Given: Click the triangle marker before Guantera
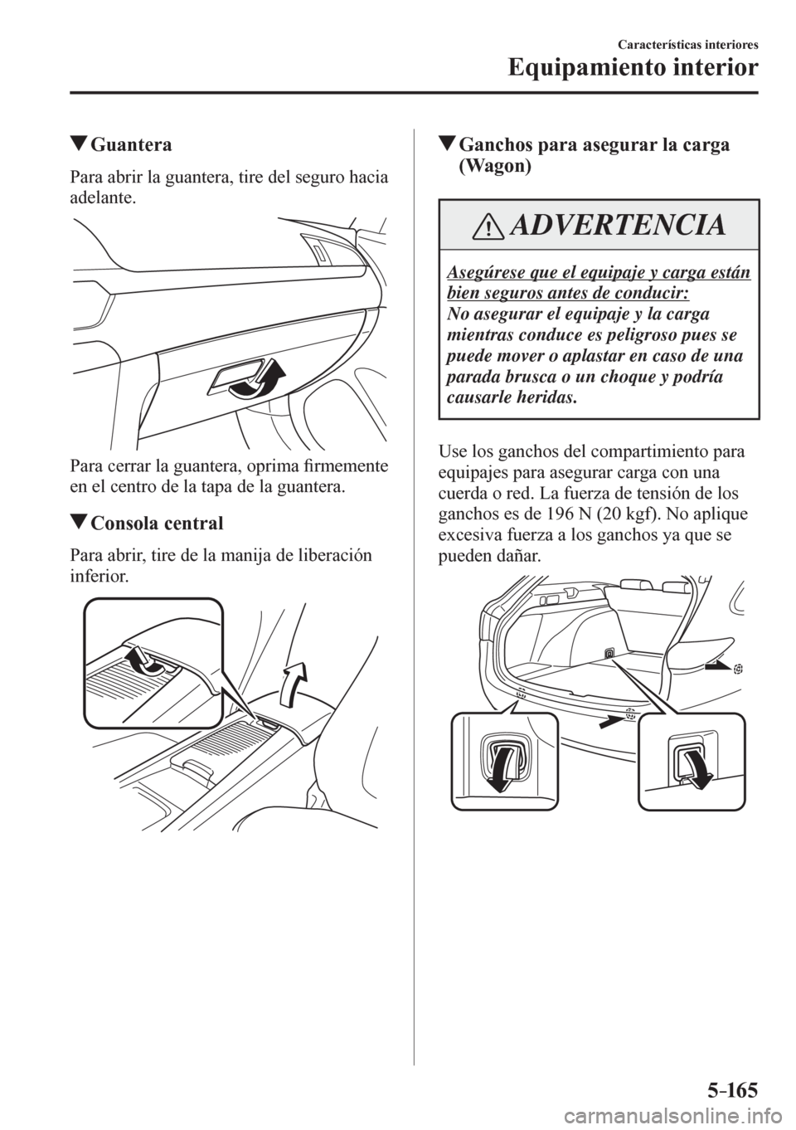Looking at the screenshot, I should click(80, 147).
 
